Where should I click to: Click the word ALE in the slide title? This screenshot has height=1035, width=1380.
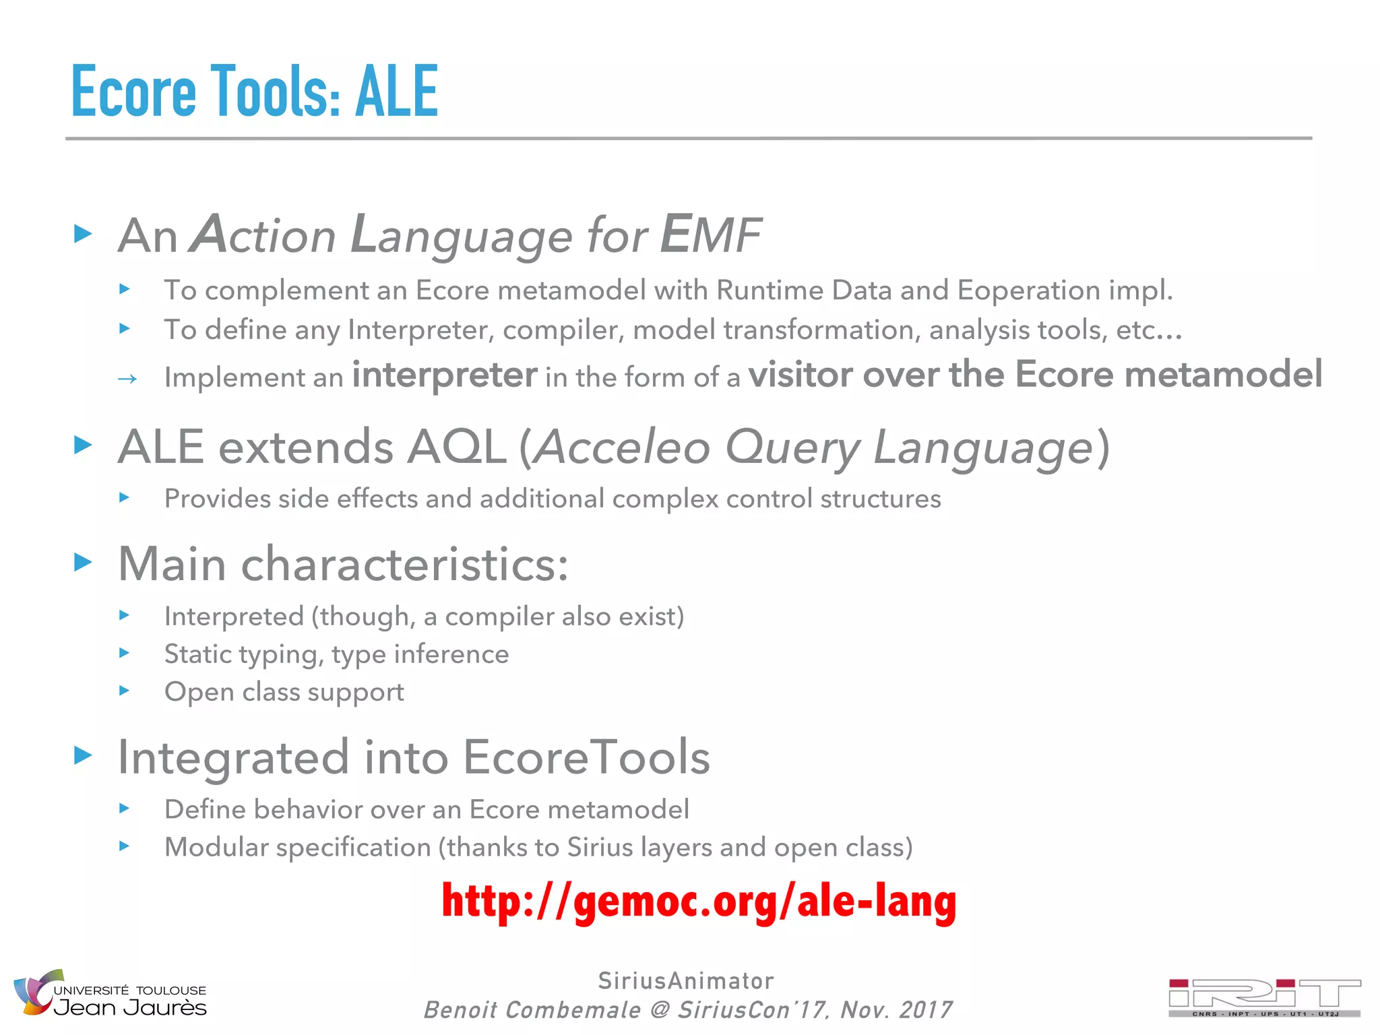click(397, 91)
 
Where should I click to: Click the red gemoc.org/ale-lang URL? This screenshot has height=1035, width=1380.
click(699, 902)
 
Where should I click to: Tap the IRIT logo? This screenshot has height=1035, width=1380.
click(1264, 997)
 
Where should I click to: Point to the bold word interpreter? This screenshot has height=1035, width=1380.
click(445, 375)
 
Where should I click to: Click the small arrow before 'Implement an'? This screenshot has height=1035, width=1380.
click(127, 379)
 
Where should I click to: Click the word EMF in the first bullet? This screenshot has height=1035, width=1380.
click(710, 234)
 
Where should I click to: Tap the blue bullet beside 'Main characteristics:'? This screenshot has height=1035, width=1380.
click(83, 561)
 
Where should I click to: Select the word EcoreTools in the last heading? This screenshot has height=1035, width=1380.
click(586, 757)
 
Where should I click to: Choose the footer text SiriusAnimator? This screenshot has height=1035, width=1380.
click(686, 980)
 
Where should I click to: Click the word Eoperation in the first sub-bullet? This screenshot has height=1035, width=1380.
click(1028, 290)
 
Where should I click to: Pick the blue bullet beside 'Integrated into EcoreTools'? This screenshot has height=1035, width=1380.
click(83, 755)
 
